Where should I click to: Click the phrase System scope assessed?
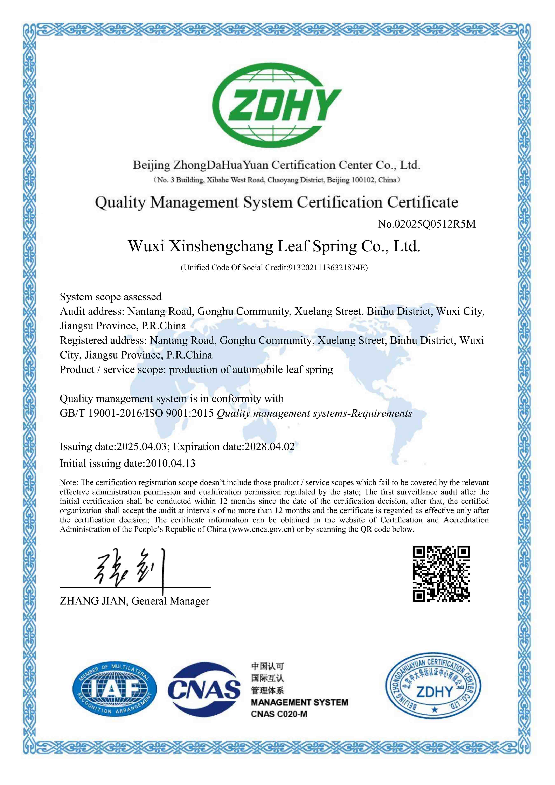coord(110,297)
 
